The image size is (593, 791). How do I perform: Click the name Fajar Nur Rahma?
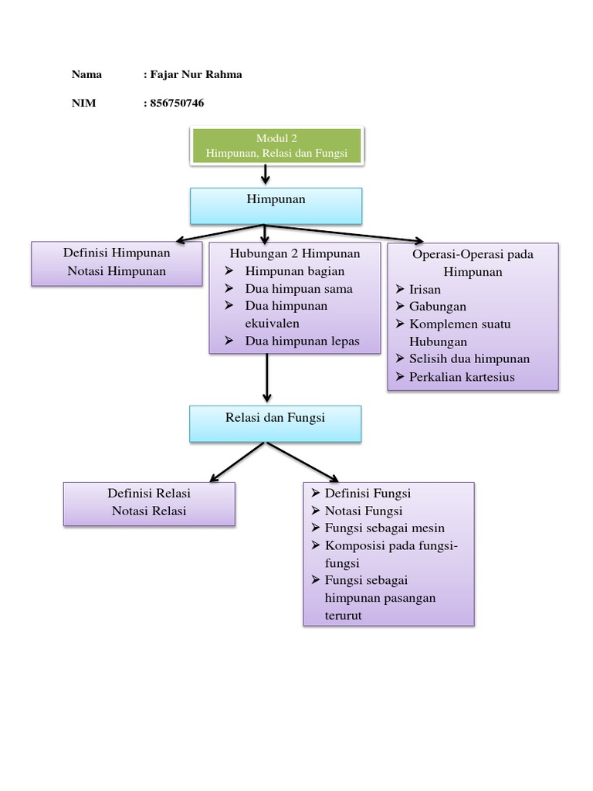195,75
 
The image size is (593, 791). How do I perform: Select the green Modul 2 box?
276,146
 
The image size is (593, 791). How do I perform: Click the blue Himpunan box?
276,205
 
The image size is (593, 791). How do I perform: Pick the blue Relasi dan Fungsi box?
276,423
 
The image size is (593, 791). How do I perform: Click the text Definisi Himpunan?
117,253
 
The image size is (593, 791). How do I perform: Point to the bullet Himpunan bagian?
294,271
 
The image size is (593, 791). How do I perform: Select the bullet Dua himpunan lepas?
302,341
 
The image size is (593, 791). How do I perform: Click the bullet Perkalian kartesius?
462,377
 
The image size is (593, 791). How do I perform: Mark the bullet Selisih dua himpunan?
469,358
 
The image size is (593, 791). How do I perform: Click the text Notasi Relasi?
149,511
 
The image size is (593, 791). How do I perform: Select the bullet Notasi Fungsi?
364,511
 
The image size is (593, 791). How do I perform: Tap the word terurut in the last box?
344,616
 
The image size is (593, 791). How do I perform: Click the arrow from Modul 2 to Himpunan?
266,175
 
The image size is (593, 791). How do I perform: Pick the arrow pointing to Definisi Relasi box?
237,461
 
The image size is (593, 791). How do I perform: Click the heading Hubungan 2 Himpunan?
294,253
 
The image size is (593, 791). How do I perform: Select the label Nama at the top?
86,75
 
